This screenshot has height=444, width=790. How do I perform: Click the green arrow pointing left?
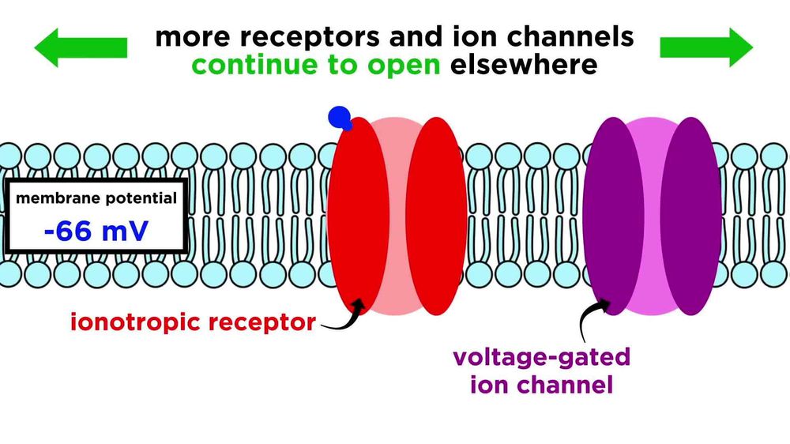point(79,47)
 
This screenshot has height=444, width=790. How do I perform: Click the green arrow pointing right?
point(707,47)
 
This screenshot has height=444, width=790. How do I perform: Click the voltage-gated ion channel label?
point(542,371)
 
